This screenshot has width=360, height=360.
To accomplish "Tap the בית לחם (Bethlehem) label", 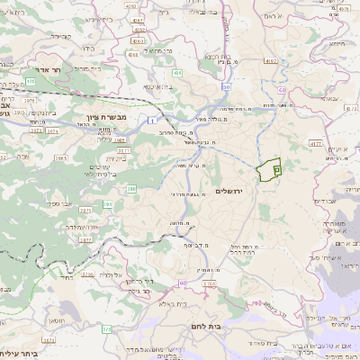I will [202, 328].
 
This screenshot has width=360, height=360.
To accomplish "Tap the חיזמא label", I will [337, 43].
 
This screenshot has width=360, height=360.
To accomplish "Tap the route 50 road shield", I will [226, 87].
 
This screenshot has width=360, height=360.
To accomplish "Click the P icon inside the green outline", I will [276, 167].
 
